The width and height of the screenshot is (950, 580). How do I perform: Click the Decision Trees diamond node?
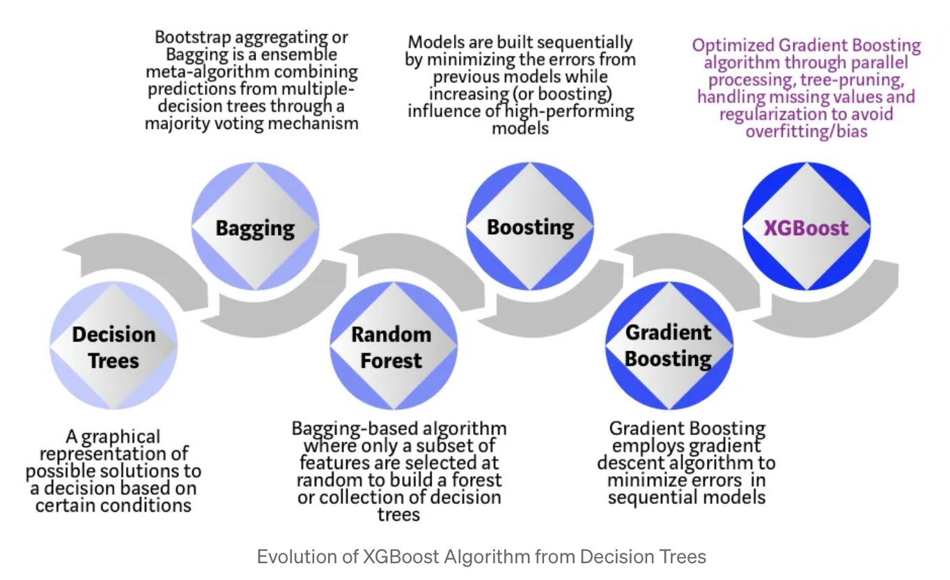(x=114, y=347)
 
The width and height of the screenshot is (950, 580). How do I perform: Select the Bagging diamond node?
(x=255, y=228)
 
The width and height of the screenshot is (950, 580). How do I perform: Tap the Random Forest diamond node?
(x=391, y=347)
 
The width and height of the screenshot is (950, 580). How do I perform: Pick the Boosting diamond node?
(x=530, y=227)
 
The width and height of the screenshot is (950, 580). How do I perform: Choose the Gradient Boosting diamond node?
(x=668, y=345)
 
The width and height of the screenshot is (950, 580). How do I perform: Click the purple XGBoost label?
(x=806, y=228)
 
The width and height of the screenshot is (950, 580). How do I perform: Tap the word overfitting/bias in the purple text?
(x=807, y=130)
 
